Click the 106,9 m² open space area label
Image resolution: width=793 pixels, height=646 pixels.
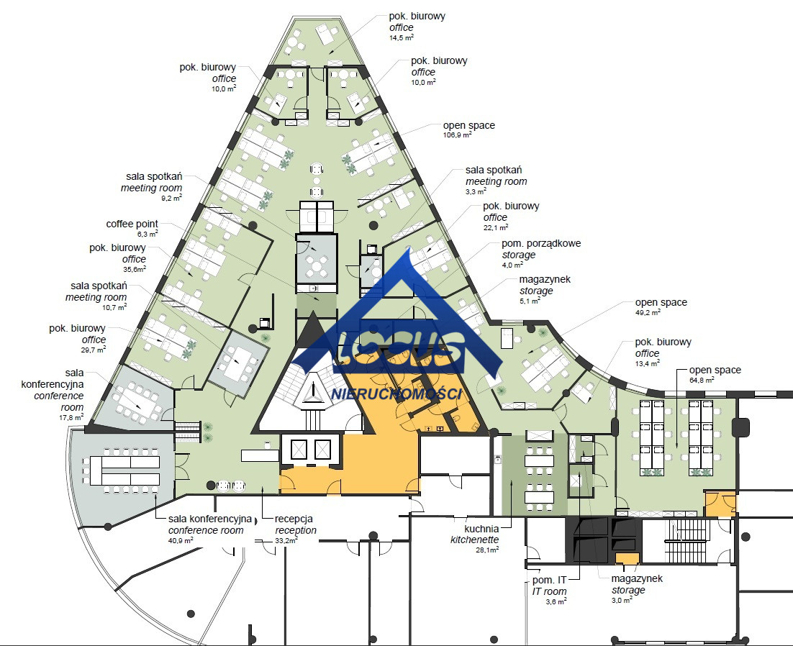(457, 135)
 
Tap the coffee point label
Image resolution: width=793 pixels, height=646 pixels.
(132, 224)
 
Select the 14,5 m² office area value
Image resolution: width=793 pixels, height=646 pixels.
(402, 37)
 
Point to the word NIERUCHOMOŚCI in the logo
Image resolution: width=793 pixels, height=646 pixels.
(396, 393)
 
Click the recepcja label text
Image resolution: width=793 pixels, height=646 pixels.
(294, 519)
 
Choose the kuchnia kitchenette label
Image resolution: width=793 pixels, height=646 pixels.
(475, 534)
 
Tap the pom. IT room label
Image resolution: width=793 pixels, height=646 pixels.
(549, 586)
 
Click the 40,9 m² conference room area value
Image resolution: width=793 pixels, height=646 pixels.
(181, 540)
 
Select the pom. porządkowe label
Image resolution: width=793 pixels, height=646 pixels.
(541, 244)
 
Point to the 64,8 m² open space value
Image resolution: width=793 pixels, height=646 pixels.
(702, 380)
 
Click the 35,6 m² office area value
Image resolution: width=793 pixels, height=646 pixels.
(135, 270)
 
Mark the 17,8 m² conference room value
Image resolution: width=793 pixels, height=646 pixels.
(71, 418)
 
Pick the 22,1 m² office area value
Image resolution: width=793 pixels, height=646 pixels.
(496, 228)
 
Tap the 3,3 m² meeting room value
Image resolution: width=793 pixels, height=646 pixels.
(476, 191)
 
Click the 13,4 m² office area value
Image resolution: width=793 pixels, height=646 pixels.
(648, 363)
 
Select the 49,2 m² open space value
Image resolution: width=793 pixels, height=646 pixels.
(648, 313)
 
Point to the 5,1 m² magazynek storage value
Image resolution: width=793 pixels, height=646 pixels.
(530, 301)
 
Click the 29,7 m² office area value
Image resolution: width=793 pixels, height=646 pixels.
(94, 350)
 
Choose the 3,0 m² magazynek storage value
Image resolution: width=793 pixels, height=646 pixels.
(622, 600)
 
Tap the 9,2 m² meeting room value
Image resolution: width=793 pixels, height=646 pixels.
(171, 198)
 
